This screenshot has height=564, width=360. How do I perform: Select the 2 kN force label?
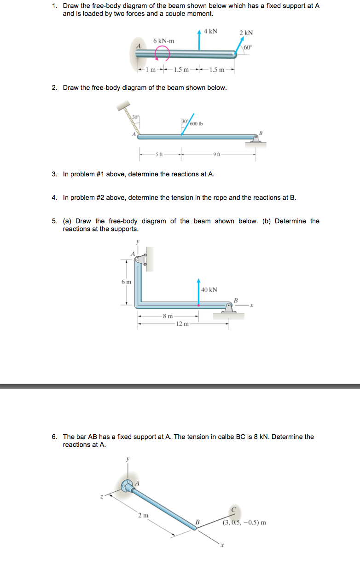(x=246, y=33)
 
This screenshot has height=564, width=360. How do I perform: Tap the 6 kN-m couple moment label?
(x=164, y=41)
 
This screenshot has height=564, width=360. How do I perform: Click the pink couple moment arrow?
(x=162, y=55)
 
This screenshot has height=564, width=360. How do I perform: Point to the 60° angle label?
(x=248, y=47)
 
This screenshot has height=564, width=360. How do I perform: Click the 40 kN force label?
(x=209, y=290)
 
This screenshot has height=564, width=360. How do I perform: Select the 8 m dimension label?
(x=168, y=316)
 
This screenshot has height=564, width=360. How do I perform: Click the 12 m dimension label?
(x=183, y=324)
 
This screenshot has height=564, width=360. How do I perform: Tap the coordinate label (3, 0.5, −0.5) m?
(x=244, y=523)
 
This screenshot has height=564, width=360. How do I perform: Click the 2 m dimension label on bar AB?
(x=143, y=515)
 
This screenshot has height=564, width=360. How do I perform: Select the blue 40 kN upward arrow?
(x=198, y=290)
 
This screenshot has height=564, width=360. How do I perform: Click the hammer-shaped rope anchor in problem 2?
(x=123, y=107)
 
